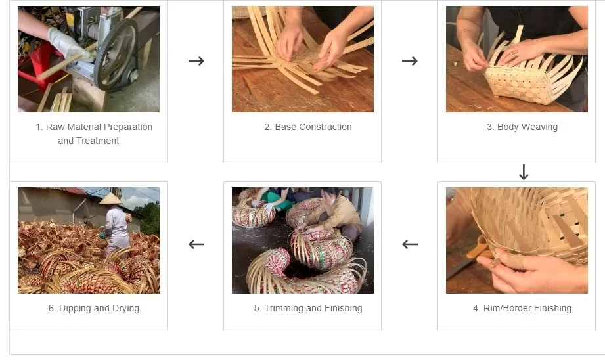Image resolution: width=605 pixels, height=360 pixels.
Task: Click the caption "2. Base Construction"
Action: pos(307,127)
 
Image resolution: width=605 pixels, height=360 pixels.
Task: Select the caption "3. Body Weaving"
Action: pos(522,127)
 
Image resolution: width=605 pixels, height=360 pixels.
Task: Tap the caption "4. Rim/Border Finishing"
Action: pos(522,308)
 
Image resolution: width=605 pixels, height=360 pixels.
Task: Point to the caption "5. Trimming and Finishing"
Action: pos(307,308)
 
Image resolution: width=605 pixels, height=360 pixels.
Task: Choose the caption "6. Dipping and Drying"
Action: pos(93,308)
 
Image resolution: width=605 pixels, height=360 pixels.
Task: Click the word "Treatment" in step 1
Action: pos(97,141)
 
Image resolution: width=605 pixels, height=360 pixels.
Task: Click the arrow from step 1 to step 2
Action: pos(196,61)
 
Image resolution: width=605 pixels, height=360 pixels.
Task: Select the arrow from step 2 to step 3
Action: pos(409,61)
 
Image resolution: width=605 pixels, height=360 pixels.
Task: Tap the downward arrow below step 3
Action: pos(524,172)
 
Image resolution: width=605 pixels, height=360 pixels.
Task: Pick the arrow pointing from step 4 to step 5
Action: pos(410,244)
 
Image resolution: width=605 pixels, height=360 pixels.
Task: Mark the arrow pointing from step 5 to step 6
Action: pos(196,244)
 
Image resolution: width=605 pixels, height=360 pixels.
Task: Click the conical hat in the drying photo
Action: pos(111,198)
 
